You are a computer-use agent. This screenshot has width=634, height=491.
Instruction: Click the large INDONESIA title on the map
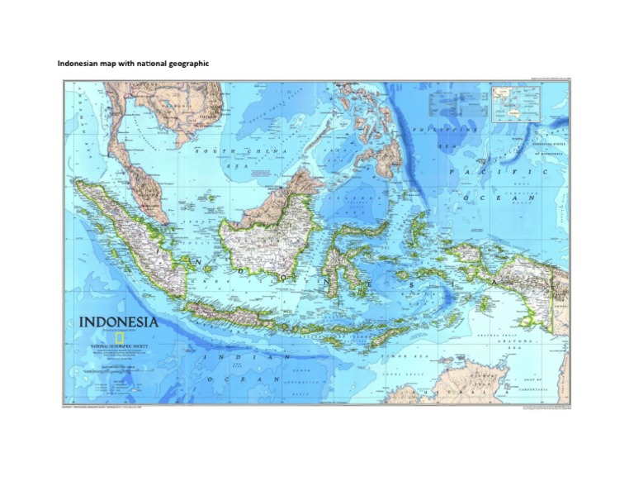(119, 322)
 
